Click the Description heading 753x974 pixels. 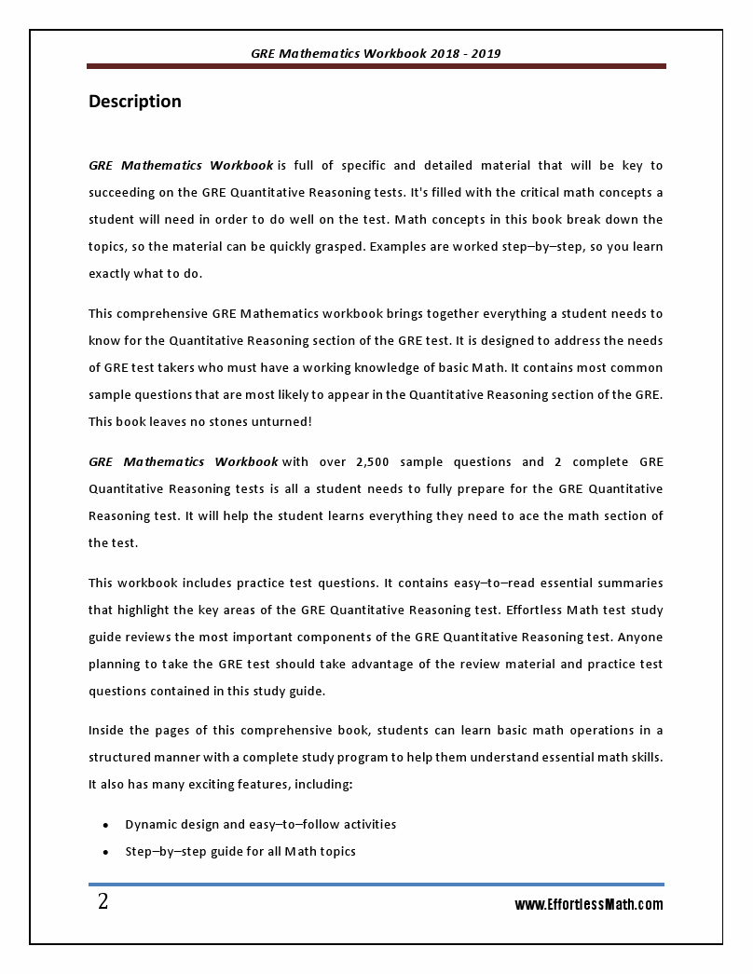[x=135, y=102]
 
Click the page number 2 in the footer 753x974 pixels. [x=103, y=901]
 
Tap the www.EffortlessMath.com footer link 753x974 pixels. [x=589, y=904]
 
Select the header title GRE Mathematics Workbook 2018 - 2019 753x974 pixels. [x=376, y=53]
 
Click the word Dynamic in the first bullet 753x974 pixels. [x=151, y=824]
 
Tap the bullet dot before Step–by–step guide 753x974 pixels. [x=105, y=852]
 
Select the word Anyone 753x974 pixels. [x=638, y=638]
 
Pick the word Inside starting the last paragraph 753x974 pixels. [x=107, y=730]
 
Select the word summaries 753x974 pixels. [x=629, y=583]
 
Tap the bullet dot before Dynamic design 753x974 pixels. [x=105, y=825]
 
